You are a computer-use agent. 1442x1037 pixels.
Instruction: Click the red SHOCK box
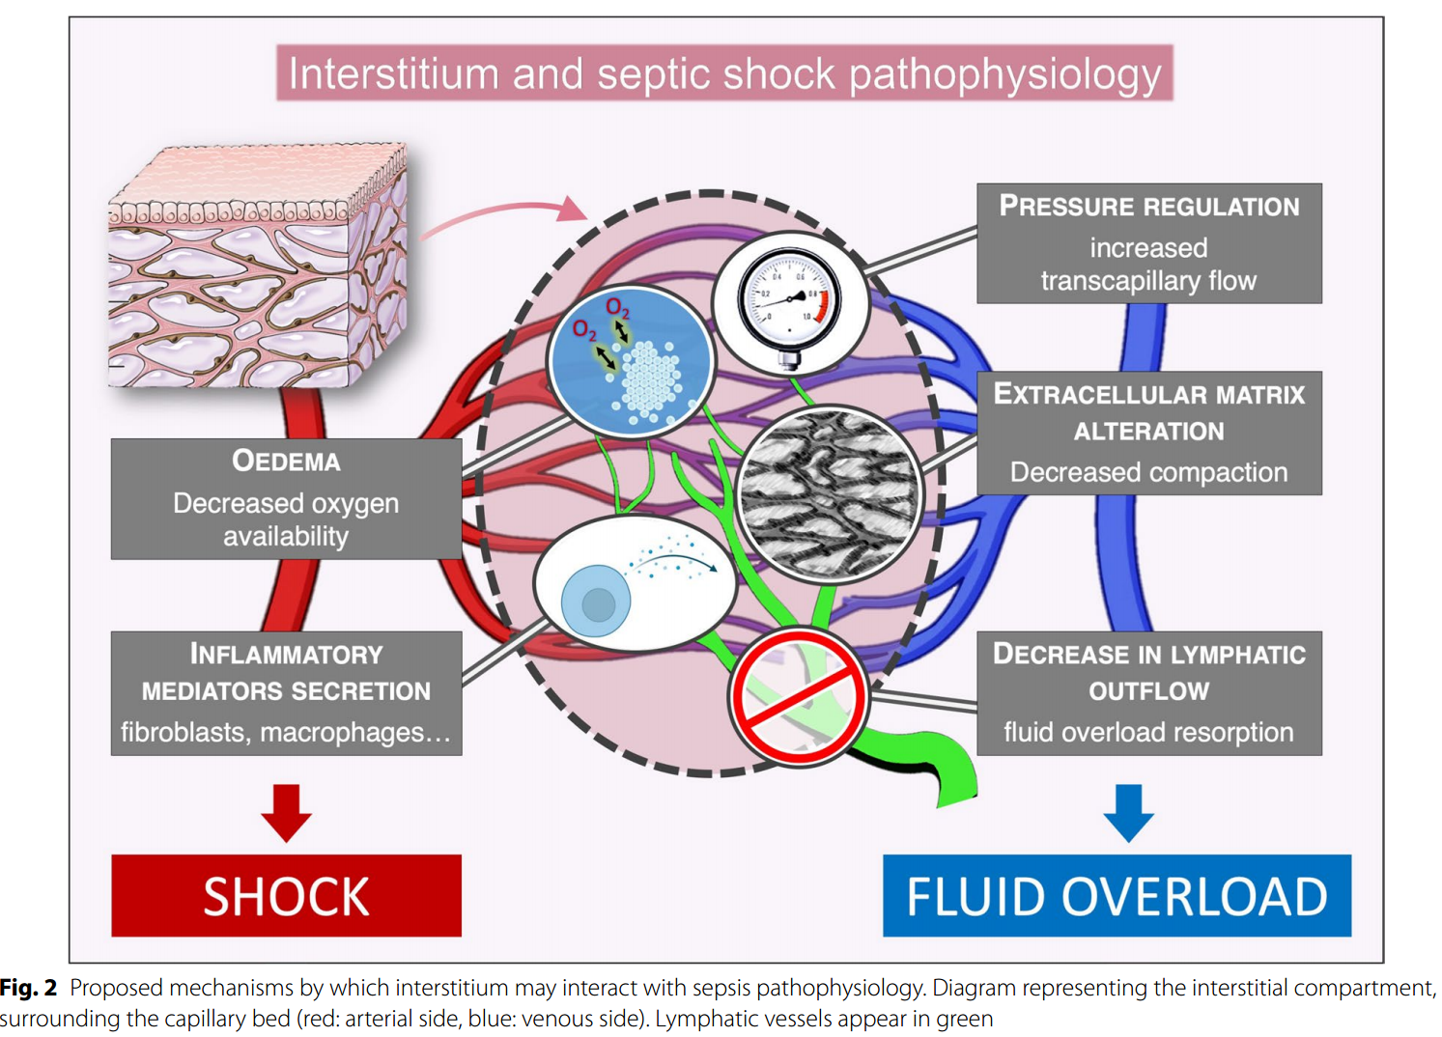286,895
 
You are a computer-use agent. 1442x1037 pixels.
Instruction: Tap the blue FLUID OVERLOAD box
1117,895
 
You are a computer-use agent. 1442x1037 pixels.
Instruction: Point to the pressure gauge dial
790,301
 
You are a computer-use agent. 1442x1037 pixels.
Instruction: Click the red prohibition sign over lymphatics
799,696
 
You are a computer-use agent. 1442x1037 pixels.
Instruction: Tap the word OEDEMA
286,461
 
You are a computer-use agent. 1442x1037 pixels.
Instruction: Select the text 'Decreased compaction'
1148,472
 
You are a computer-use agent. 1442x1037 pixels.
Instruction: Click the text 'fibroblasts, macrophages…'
286,733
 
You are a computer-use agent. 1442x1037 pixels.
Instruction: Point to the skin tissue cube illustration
259,266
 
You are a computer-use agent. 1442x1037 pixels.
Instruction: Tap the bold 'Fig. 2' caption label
29,988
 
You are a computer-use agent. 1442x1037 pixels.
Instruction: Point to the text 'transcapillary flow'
1148,281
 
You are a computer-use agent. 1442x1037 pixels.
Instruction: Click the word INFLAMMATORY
286,655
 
